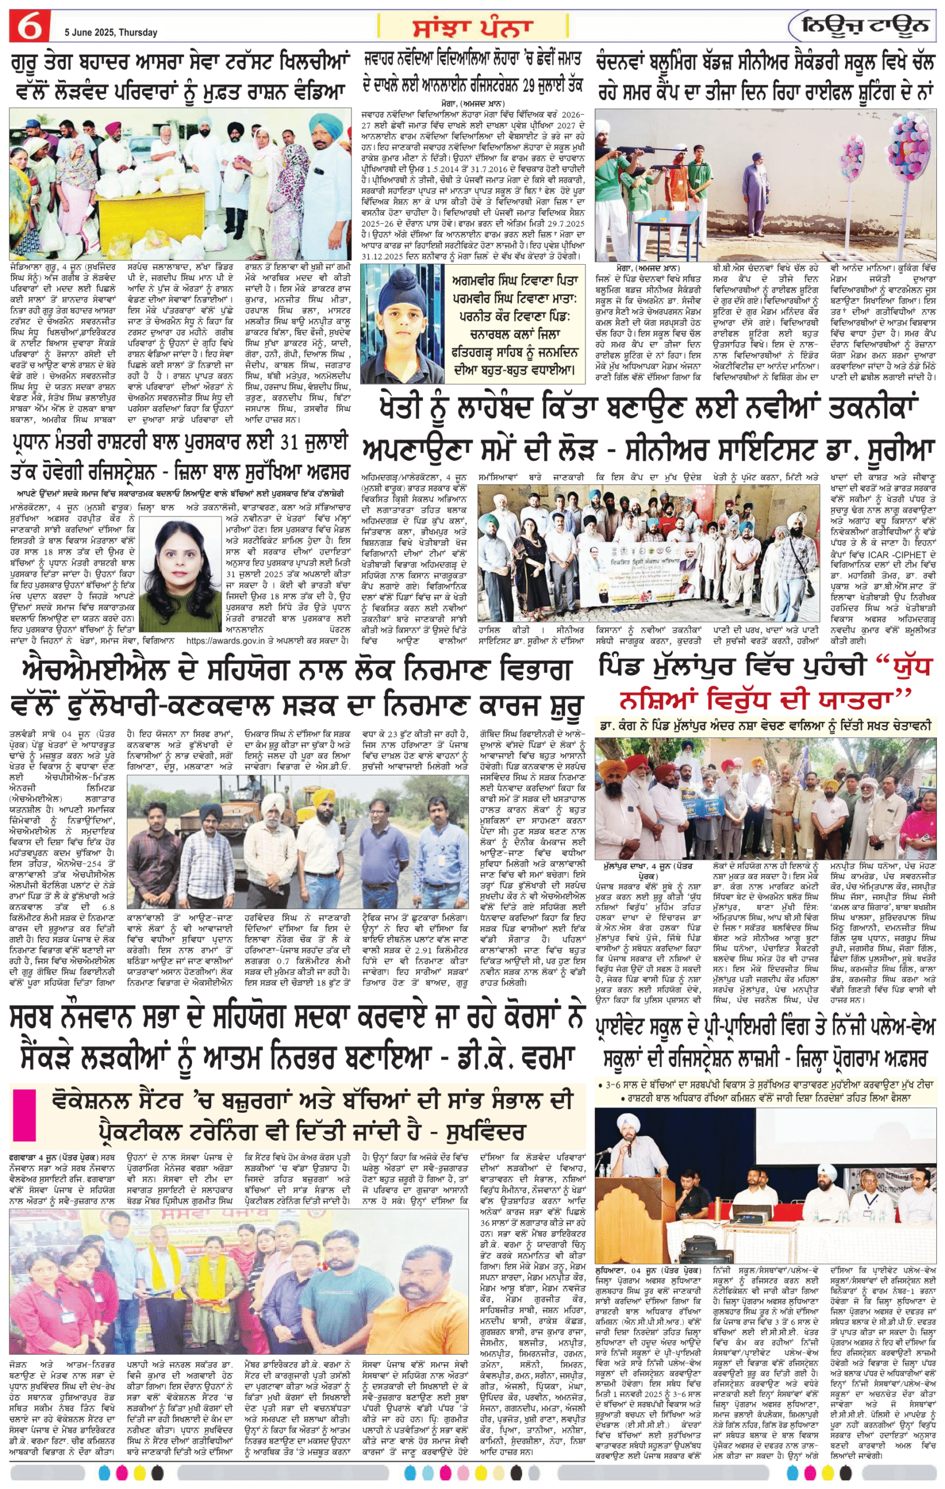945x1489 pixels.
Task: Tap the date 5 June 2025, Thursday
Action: (111, 32)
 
